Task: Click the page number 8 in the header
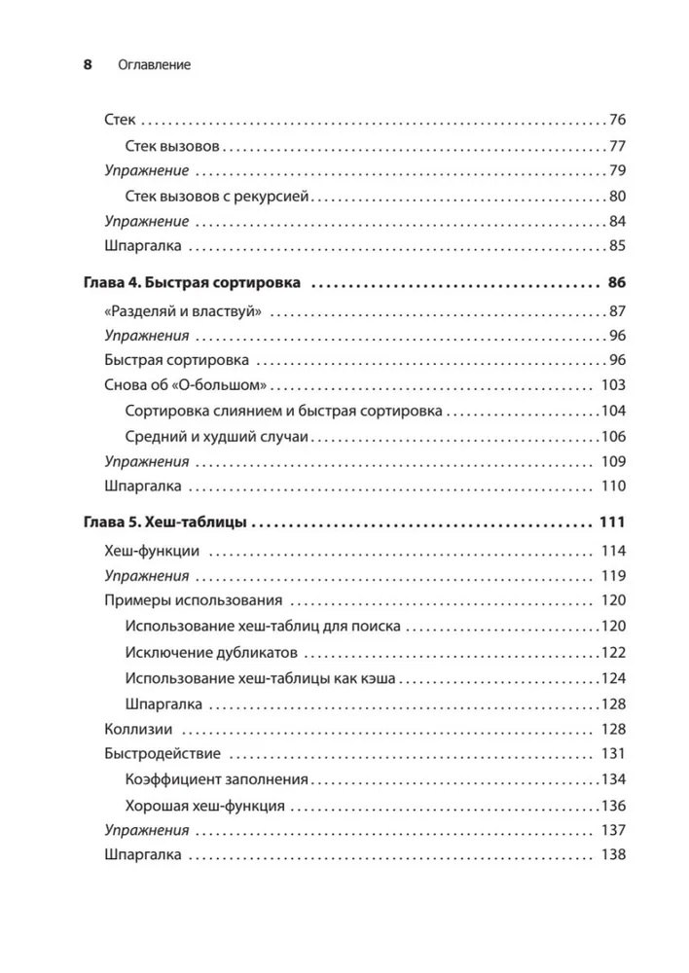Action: tap(87, 65)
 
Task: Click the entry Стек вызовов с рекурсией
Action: tap(217, 197)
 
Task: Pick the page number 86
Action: tap(615, 284)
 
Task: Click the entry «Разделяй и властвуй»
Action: tap(185, 311)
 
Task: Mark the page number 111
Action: tap(611, 523)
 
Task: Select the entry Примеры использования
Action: tap(193, 600)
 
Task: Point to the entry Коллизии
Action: tap(138, 728)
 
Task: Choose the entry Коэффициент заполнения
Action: tap(217, 779)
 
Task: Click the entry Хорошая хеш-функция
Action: tap(205, 806)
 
